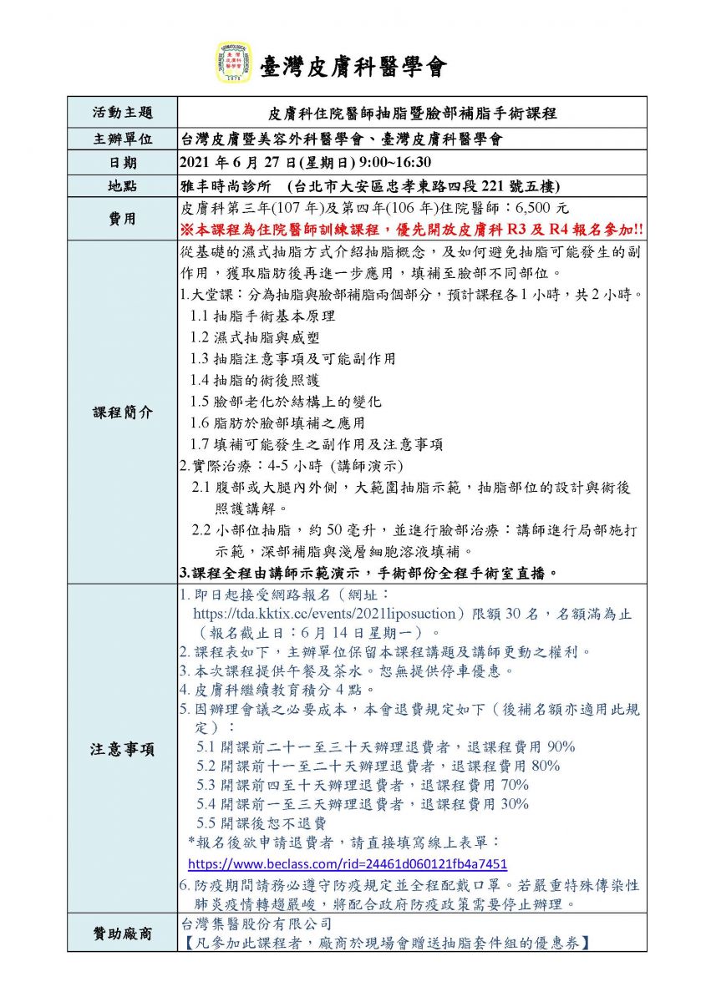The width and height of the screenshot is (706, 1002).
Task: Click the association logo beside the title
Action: (x=234, y=63)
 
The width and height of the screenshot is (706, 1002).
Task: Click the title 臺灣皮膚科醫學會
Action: (x=353, y=66)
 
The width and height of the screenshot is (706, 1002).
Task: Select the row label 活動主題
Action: (x=122, y=113)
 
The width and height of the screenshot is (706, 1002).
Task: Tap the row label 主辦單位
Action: (x=122, y=139)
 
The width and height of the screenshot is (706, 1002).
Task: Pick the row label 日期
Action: (x=122, y=163)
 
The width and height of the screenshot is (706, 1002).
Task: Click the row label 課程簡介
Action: (x=122, y=413)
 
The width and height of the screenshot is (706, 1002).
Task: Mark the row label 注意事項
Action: (x=122, y=749)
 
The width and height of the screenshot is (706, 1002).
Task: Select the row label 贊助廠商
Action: (x=122, y=934)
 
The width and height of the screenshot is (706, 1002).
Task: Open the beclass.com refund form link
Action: (x=347, y=864)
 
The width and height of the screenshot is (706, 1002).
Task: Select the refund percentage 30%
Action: (x=512, y=804)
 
